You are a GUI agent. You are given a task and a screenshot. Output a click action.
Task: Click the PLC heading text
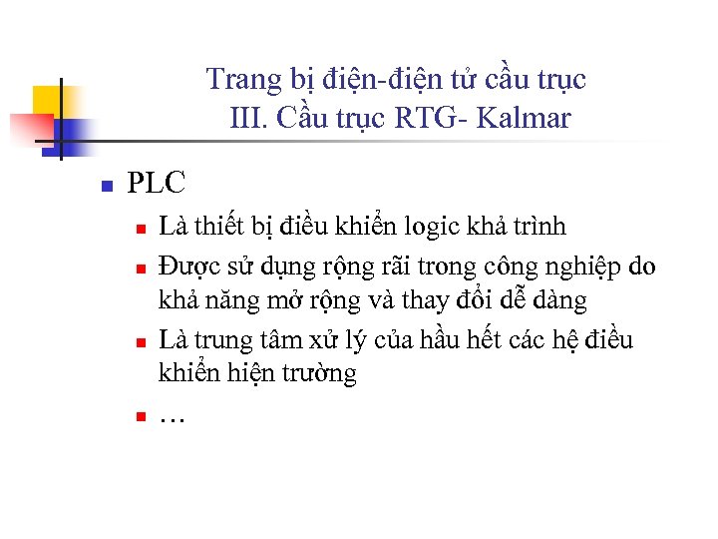pos(158,184)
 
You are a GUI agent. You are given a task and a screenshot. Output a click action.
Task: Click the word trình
pos(538,227)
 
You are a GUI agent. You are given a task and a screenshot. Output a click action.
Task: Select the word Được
pos(188,266)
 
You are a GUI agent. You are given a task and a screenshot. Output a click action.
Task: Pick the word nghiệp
pos(574,266)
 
